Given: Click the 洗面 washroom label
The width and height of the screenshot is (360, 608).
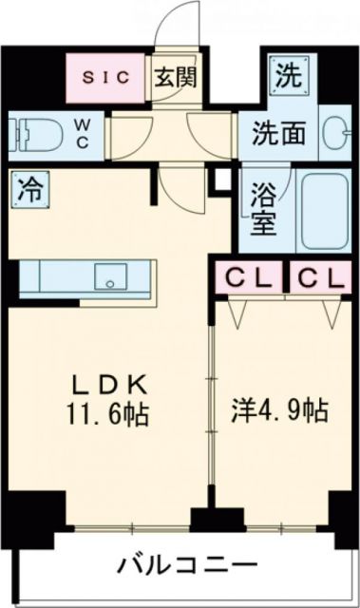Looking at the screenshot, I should tap(279, 133).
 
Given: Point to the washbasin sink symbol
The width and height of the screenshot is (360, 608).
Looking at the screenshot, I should tap(334, 132).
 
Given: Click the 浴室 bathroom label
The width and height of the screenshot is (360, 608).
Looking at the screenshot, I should tap(262, 213).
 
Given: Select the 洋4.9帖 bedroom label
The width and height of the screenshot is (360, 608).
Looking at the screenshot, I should tap(281, 411).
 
